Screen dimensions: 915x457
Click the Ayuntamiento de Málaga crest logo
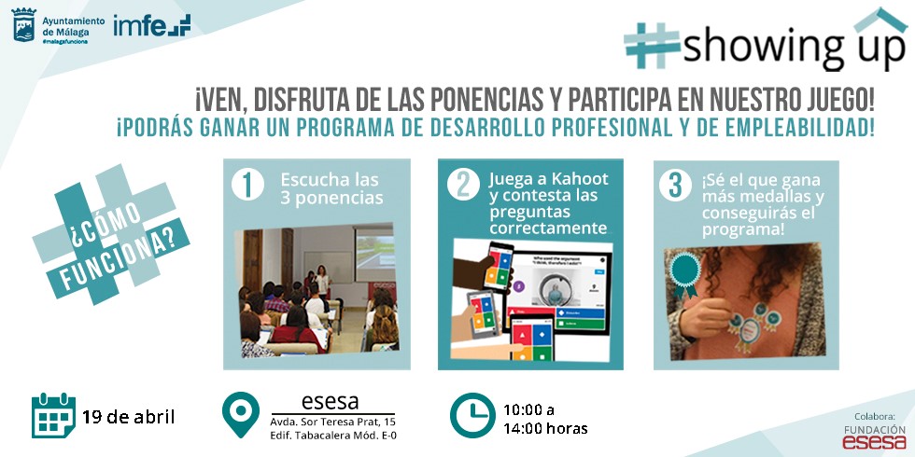point(24,25)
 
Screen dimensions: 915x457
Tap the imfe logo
point(151,25)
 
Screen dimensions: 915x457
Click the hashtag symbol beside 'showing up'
point(652,46)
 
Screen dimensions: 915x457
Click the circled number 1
point(247,186)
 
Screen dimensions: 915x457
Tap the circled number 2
point(463,185)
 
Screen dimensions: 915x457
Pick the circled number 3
point(675,186)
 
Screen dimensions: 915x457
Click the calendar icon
point(54,415)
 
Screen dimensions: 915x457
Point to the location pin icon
point(241,414)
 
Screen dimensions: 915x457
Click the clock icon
point(472,415)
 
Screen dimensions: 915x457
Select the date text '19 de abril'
point(129,417)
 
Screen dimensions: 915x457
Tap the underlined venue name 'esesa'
point(330,402)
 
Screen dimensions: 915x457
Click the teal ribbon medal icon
point(685,274)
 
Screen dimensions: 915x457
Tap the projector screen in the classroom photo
point(373,254)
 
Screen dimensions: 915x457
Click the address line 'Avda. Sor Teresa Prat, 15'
point(332,422)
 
